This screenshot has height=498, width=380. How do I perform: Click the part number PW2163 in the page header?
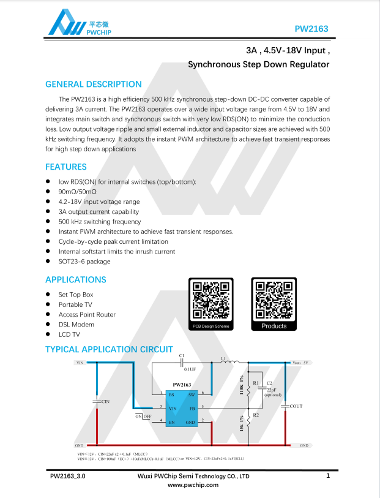click(x=311, y=29)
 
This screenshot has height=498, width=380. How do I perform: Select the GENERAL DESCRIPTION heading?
click(x=94, y=85)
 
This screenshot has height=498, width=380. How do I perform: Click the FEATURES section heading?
click(x=66, y=167)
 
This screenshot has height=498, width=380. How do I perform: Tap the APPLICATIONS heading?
click(x=76, y=279)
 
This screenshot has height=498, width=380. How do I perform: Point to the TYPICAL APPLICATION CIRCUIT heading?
click(x=109, y=350)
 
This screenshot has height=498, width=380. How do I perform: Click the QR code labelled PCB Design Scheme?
click(x=211, y=300)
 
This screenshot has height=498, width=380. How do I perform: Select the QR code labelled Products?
click(x=274, y=300)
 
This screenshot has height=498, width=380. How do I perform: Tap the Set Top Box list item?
click(x=76, y=295)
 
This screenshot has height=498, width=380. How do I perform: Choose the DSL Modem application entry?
click(x=76, y=325)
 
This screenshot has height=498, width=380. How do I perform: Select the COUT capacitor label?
click(x=296, y=406)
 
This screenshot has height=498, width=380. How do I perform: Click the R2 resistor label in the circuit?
click(x=256, y=415)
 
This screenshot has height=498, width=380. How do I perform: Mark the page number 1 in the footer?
click(x=329, y=475)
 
